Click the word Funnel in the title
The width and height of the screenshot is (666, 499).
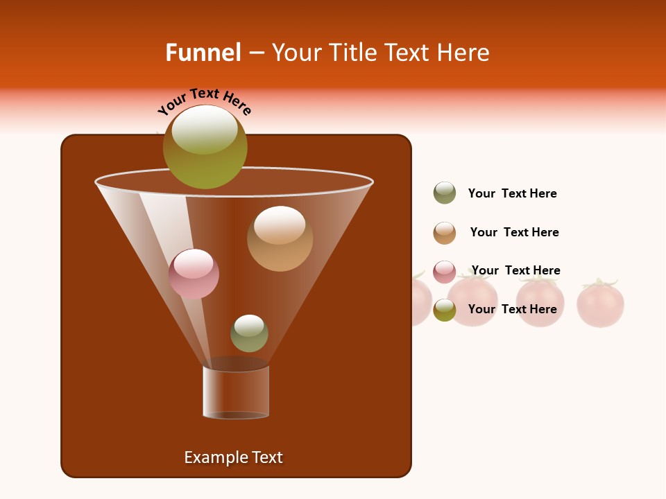[203, 53]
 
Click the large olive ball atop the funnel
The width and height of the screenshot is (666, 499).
[205, 147]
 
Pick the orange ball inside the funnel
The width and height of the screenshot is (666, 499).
[280, 238]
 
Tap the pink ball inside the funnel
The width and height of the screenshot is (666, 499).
[194, 274]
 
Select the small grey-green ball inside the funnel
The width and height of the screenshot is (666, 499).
[249, 333]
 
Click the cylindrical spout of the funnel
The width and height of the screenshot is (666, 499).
[236, 392]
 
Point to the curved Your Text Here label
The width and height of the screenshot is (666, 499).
[205, 101]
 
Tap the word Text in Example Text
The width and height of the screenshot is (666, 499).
[266, 457]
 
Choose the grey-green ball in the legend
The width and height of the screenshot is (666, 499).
[445, 193]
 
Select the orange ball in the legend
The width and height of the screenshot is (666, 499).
[445, 233]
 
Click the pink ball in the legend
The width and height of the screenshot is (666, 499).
[445, 272]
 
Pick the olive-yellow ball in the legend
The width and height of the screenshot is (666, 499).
[445, 310]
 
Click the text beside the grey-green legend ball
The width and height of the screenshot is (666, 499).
[512, 193]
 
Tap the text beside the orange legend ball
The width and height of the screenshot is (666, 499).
[514, 232]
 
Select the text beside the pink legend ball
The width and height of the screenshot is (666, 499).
[515, 270]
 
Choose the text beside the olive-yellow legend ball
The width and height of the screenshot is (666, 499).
[512, 309]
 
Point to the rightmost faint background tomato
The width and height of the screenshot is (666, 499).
[601, 304]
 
